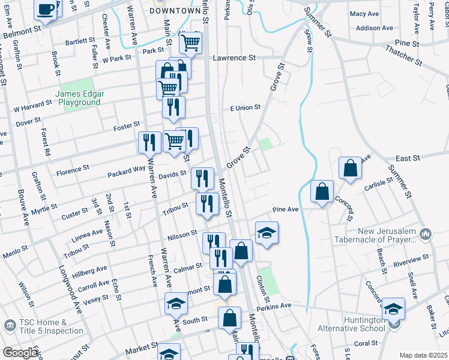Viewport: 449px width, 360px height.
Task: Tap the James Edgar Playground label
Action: (x=80, y=98)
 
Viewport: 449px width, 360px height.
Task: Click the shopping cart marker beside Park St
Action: (x=191, y=43)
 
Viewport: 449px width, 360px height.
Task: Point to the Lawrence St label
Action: (x=235, y=58)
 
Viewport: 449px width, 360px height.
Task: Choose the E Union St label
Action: (x=246, y=107)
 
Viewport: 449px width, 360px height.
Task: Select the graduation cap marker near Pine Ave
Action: (x=267, y=233)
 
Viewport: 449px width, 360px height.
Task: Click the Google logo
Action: (x=20, y=353)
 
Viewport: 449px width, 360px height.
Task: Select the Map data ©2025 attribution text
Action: (x=423, y=355)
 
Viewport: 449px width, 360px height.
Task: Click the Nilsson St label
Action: (x=182, y=233)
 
